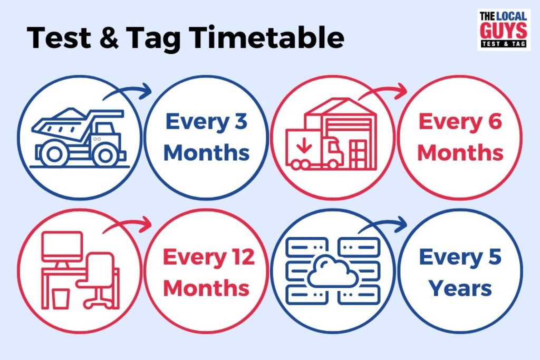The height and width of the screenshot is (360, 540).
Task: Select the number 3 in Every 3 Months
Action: (239, 122)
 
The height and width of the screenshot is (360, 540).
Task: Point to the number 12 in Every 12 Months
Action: (242, 257)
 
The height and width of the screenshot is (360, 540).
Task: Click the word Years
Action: (460, 288)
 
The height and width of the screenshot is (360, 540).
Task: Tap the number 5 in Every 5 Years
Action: (493, 257)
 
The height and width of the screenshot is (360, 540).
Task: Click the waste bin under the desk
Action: (61, 298)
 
